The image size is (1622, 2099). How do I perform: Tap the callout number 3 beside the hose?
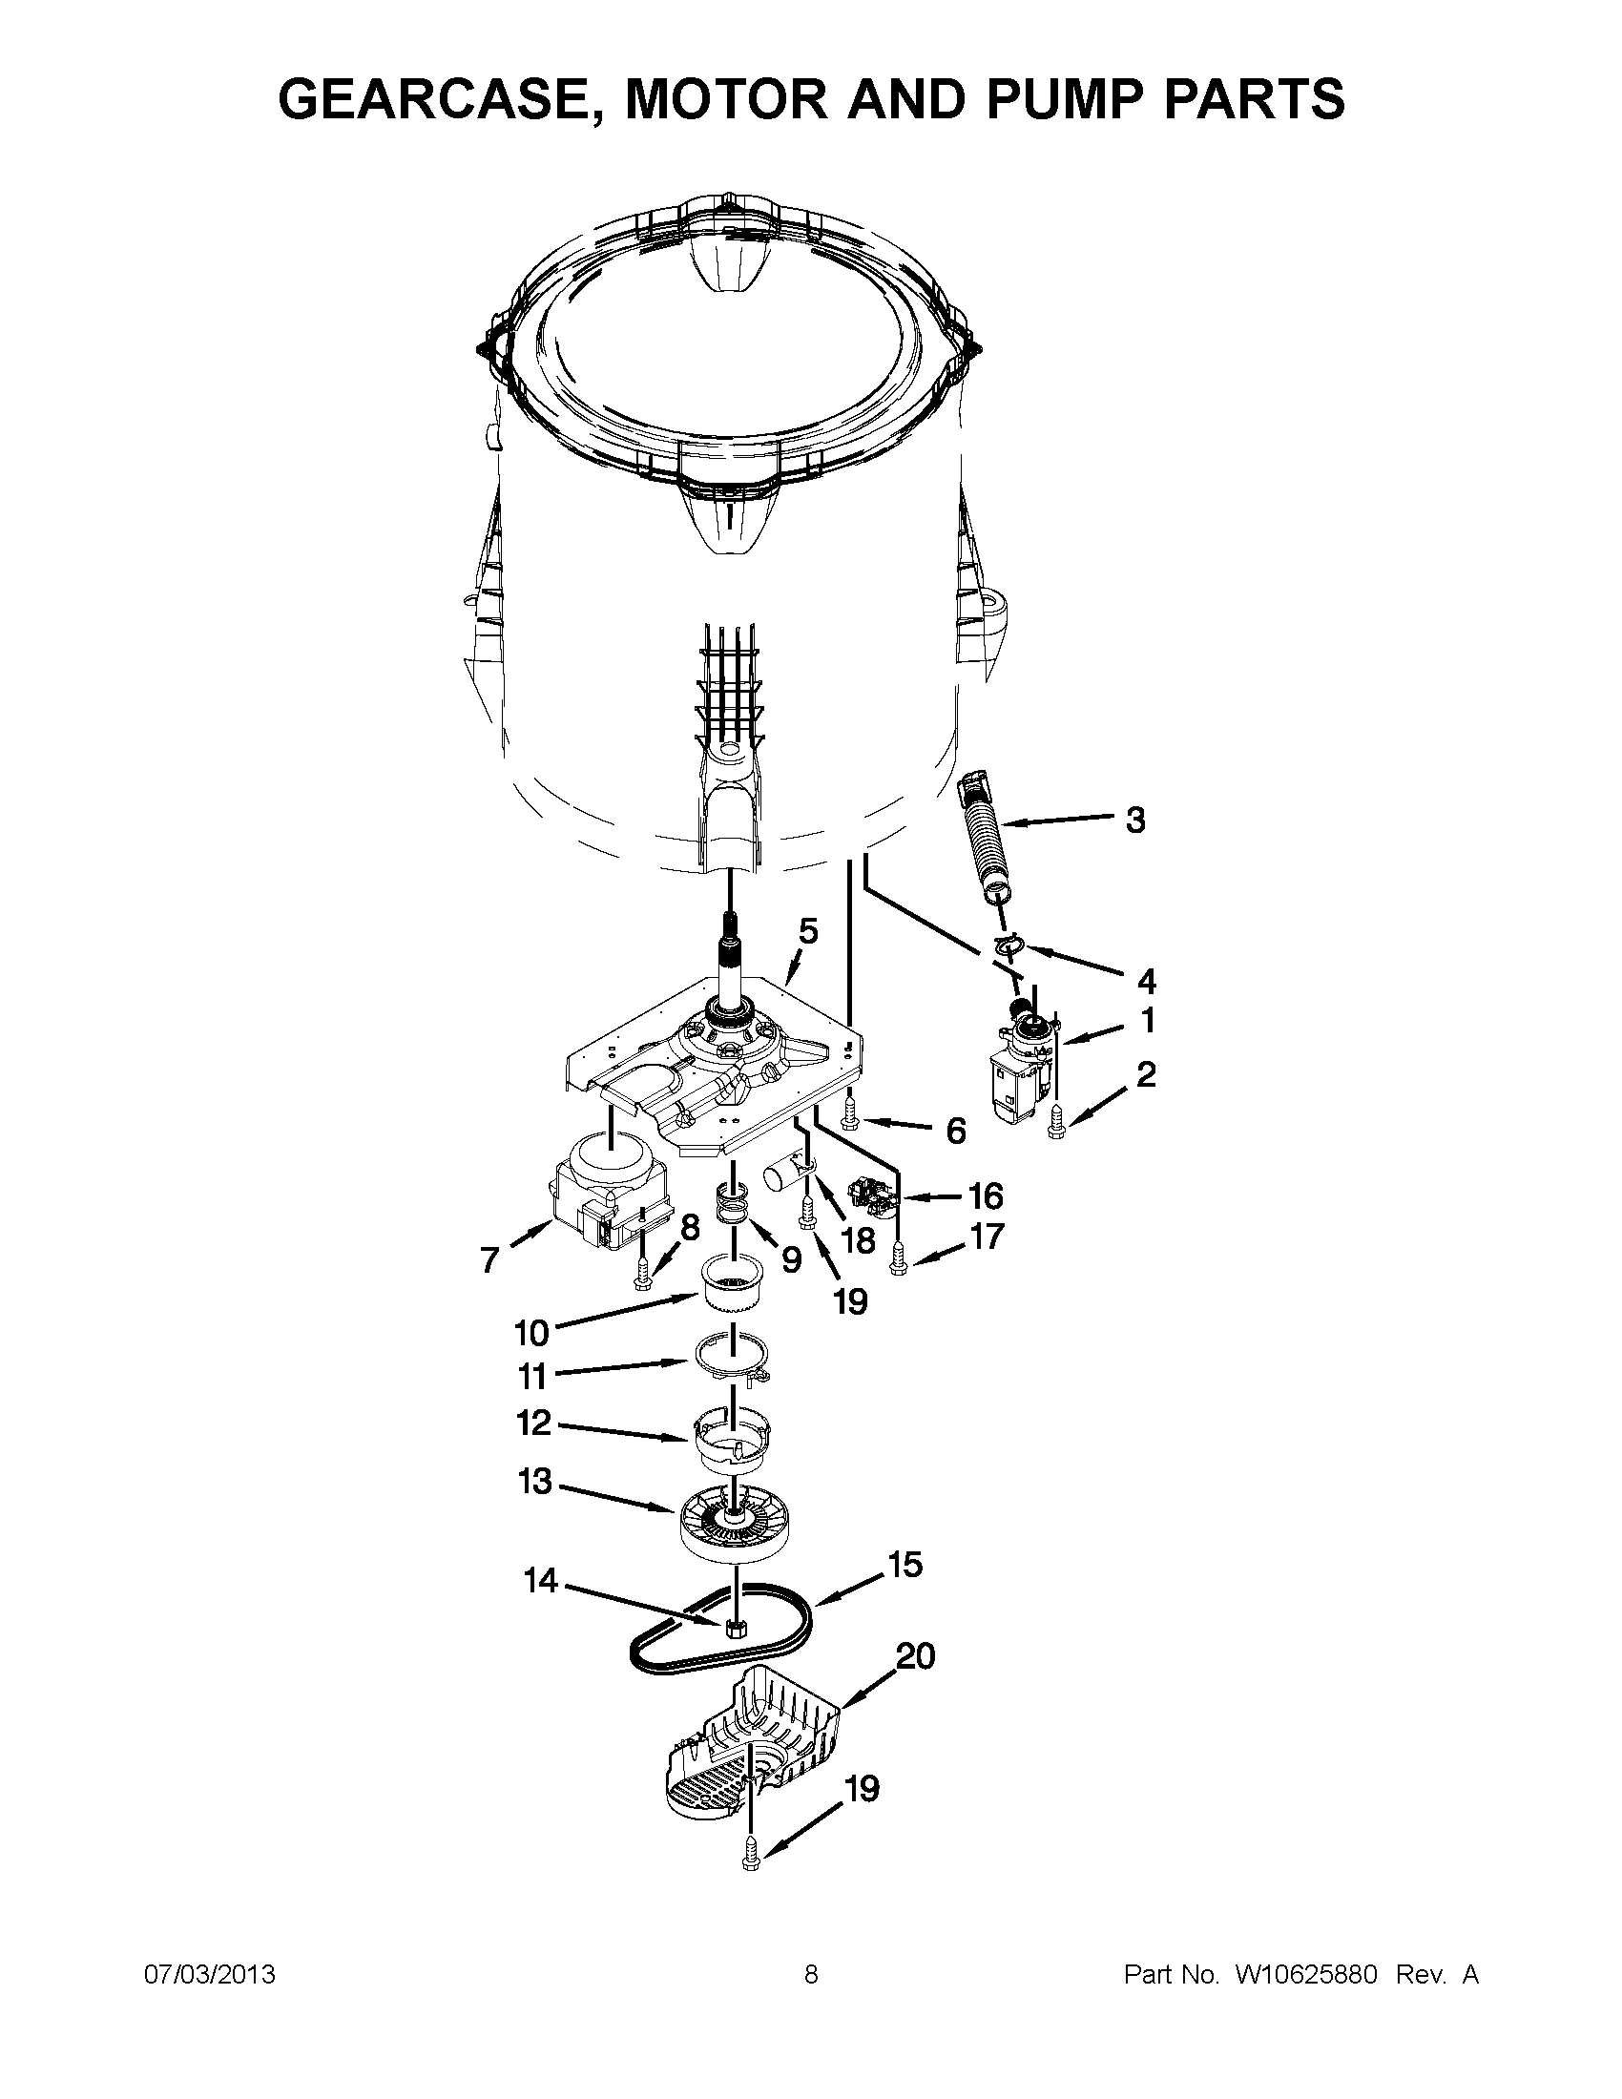point(1134,820)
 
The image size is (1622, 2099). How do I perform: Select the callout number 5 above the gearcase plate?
point(808,931)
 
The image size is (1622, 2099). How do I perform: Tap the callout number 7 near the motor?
point(490,1259)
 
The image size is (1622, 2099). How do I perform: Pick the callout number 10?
point(531,1332)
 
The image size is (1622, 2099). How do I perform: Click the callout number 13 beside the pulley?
point(535,1481)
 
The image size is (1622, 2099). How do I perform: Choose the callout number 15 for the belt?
point(905,1564)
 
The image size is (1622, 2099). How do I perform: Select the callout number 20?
point(915,1656)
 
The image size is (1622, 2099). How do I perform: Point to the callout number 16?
point(986,1196)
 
